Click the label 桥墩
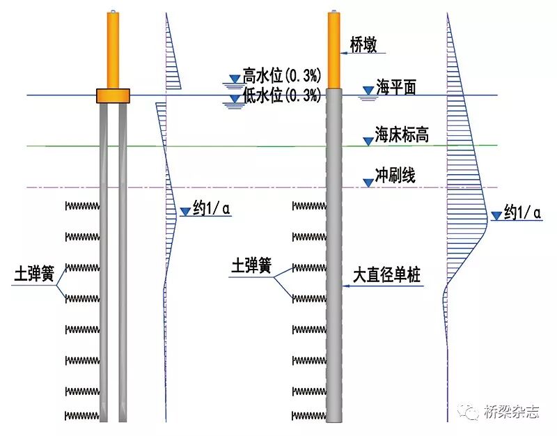[x=364, y=45]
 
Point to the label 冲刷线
[x=395, y=176]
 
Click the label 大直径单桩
[x=387, y=276]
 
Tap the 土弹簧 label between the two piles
[x=251, y=266]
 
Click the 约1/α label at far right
[x=521, y=212]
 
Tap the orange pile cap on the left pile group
[x=113, y=95]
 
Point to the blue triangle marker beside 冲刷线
[x=368, y=182]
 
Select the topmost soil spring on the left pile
[x=82, y=206]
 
